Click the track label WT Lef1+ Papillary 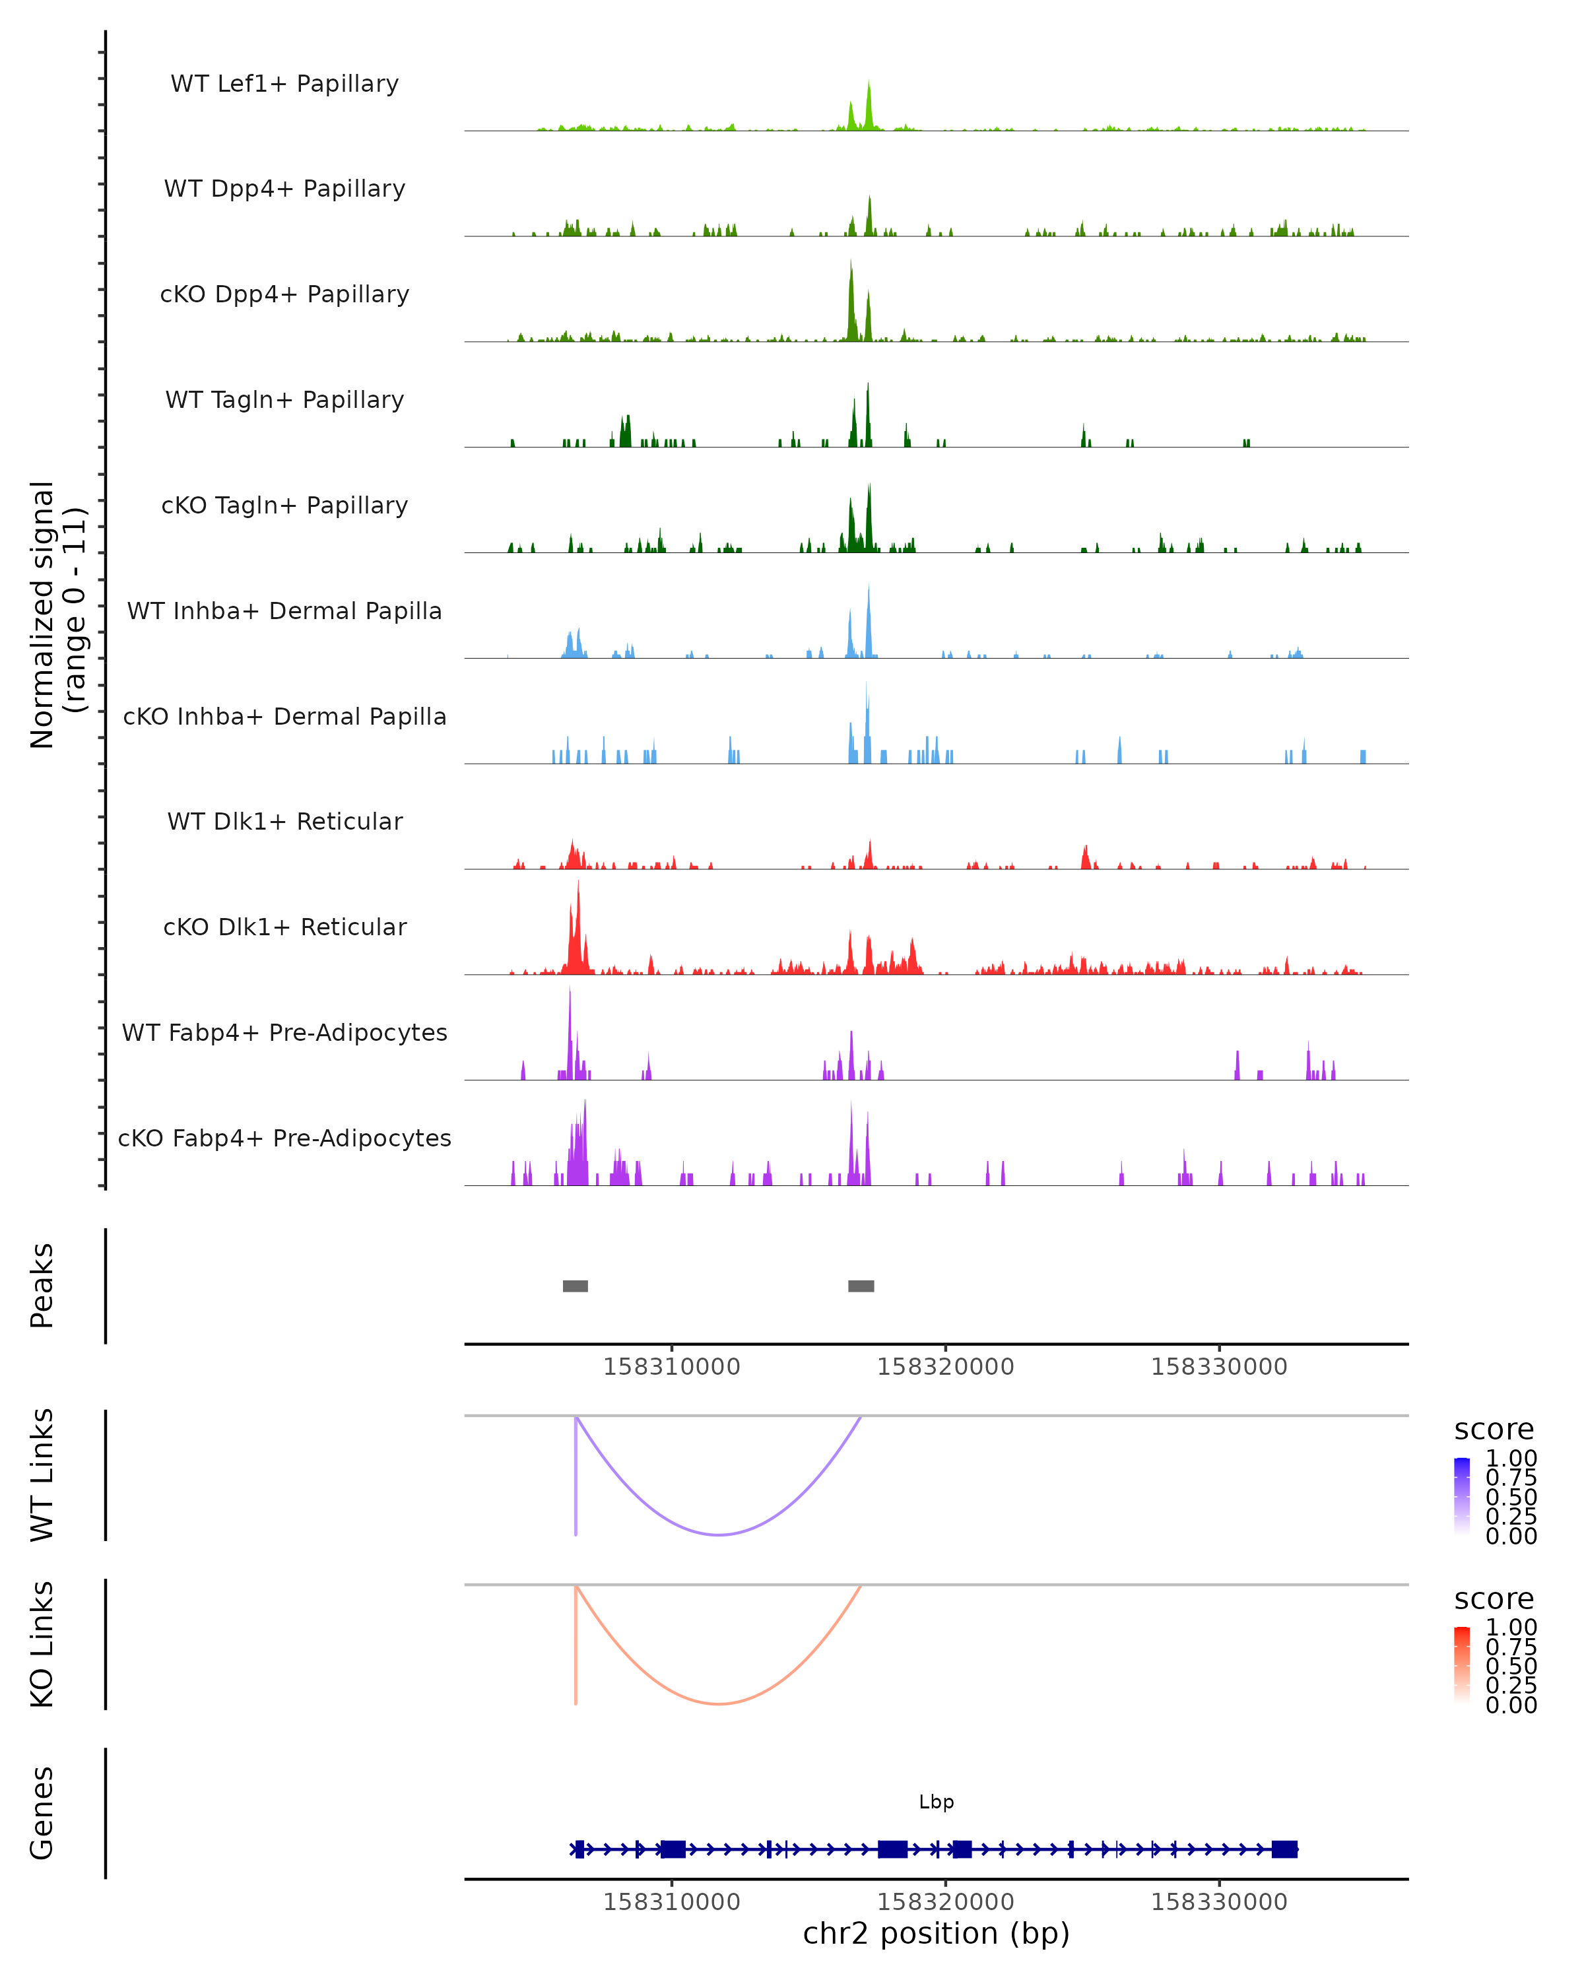[x=284, y=84]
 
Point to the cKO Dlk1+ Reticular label [x=284, y=927]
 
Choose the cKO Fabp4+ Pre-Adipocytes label [x=284, y=1138]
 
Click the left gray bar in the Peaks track [x=575, y=1286]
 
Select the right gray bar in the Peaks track [x=861, y=1286]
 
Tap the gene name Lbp [x=936, y=1802]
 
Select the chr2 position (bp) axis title [x=936, y=1933]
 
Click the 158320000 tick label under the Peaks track [x=945, y=1367]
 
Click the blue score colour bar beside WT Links [x=1462, y=1496]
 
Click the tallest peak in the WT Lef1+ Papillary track [x=869, y=84]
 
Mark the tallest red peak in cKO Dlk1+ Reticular [x=577, y=884]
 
